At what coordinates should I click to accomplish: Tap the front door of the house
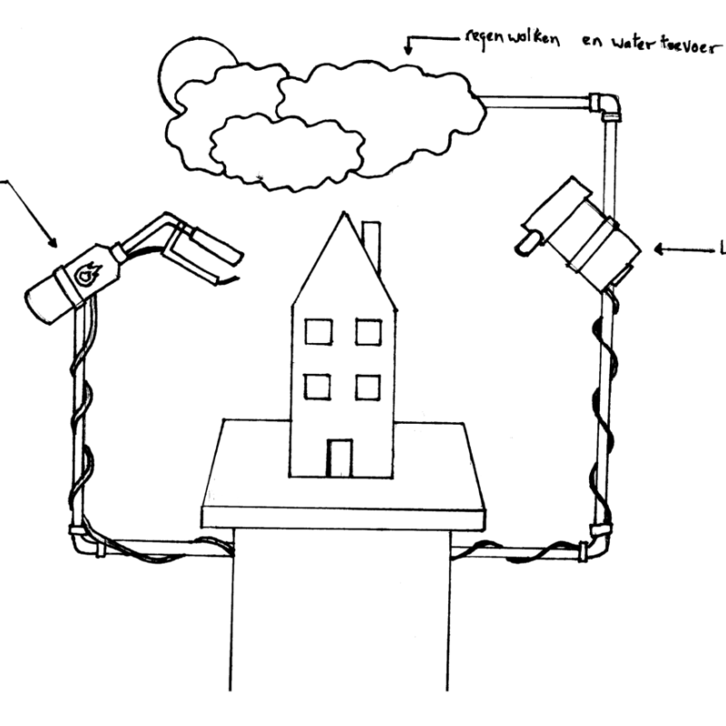(339, 457)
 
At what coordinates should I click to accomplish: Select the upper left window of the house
(318, 331)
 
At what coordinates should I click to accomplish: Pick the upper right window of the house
(368, 331)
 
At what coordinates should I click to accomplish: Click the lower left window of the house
(318, 387)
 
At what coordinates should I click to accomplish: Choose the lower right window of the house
(368, 387)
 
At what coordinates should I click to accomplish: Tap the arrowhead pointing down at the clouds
(409, 51)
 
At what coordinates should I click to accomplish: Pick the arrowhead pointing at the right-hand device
(660, 249)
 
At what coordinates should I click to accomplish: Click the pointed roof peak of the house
(343, 217)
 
